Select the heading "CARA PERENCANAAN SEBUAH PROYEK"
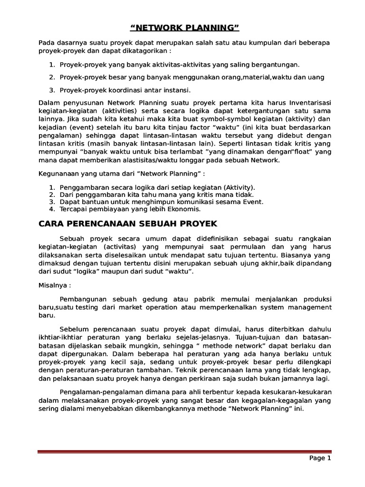[127, 223]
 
